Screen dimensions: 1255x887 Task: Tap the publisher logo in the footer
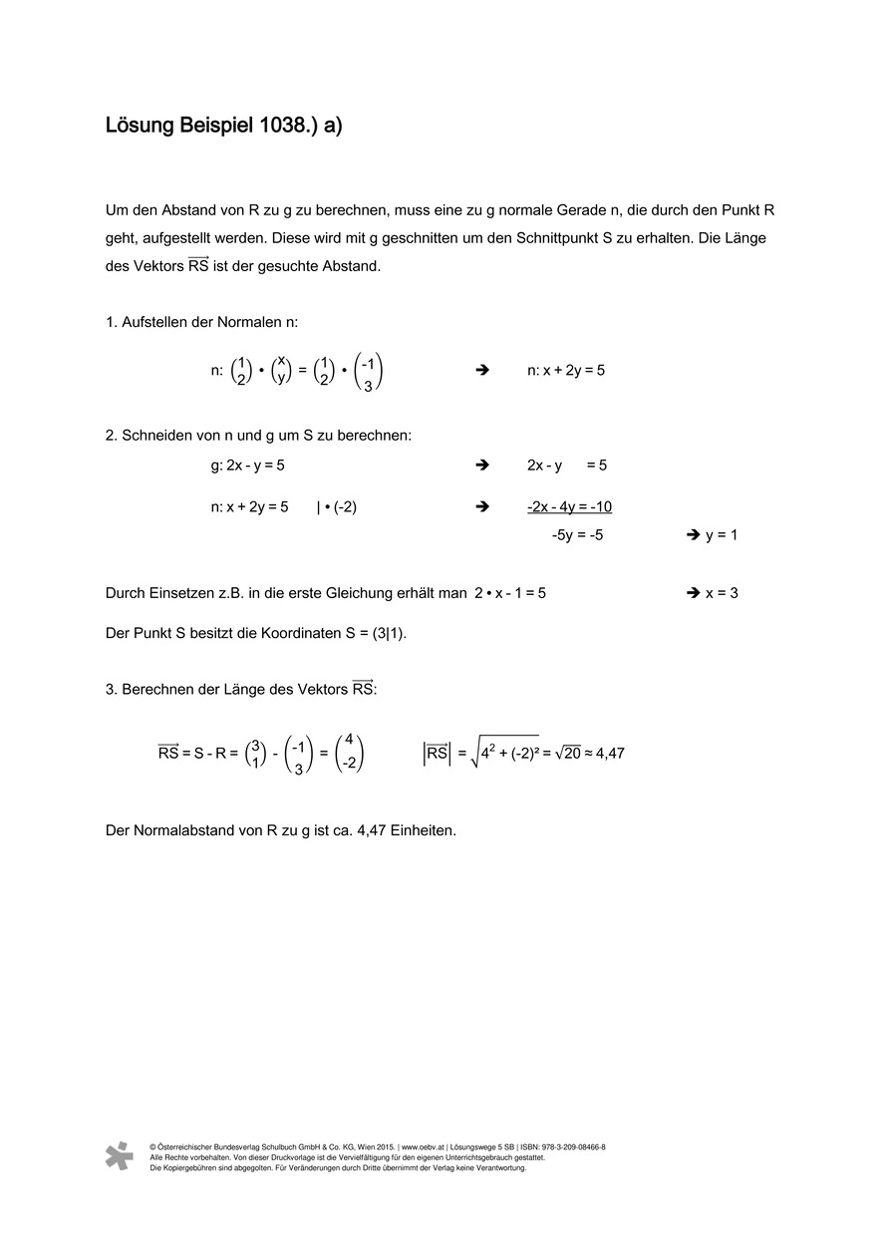(x=119, y=1155)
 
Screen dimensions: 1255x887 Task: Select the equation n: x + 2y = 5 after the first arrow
(x=566, y=370)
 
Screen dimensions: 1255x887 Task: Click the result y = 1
(x=722, y=535)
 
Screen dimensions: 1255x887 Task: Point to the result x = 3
(x=722, y=593)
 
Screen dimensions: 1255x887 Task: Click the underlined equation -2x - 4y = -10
(x=569, y=506)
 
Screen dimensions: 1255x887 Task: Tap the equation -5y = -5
(x=577, y=535)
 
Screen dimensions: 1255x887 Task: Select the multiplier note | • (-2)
(x=336, y=506)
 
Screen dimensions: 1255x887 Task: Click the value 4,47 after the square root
(x=608, y=754)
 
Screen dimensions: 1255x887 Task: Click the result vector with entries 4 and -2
(x=349, y=754)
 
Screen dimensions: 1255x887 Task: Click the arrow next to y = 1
(x=693, y=535)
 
